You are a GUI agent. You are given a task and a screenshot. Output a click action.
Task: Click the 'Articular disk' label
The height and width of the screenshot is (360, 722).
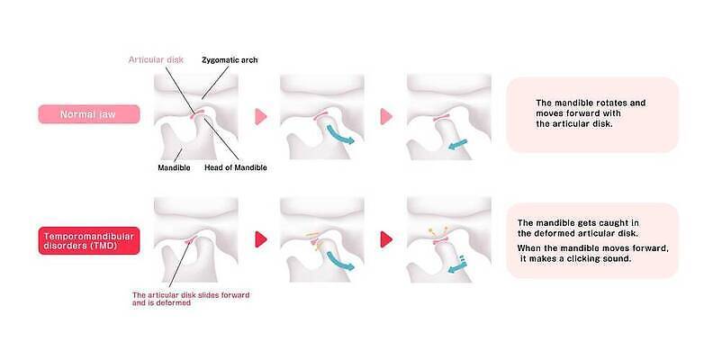(x=156, y=59)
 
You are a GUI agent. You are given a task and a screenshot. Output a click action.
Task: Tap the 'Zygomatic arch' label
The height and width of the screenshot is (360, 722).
(x=230, y=59)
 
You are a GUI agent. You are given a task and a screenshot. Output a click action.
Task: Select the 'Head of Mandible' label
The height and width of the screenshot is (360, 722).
(x=235, y=167)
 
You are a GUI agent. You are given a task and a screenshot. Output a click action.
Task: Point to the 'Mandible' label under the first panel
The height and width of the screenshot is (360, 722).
(x=174, y=167)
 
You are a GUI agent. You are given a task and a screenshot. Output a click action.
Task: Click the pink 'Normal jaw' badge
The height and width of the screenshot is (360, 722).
(x=89, y=114)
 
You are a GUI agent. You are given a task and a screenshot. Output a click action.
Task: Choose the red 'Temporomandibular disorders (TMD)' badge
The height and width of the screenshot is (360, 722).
(x=89, y=240)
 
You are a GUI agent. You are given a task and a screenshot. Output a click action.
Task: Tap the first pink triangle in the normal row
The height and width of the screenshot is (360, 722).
(x=260, y=116)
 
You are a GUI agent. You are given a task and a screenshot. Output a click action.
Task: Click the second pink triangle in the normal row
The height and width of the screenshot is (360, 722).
(x=386, y=116)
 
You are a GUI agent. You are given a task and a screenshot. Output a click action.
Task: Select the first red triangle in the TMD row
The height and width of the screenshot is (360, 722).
(x=260, y=239)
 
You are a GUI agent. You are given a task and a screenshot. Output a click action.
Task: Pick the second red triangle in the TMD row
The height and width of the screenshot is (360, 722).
(x=386, y=239)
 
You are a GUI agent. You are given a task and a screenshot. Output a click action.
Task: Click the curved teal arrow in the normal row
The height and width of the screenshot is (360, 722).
(x=338, y=134)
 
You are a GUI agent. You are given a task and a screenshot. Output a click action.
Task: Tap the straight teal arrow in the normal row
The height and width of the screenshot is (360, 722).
(x=457, y=144)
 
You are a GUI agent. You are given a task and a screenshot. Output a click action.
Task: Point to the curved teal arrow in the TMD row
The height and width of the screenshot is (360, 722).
(x=338, y=261)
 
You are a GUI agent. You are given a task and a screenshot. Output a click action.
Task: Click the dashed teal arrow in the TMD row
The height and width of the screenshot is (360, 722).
(x=457, y=265)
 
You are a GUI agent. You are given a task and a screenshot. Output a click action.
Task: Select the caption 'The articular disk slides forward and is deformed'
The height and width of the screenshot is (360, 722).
(x=191, y=299)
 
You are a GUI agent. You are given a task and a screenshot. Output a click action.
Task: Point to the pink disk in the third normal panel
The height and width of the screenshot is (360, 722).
(x=442, y=118)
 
